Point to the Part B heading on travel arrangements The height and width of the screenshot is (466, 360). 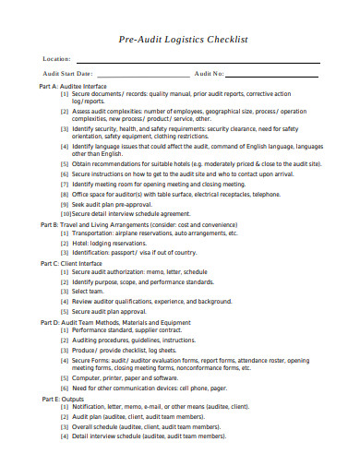pyautogui.click(x=138, y=225)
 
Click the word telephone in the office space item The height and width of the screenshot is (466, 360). pyautogui.click(x=266, y=194)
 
